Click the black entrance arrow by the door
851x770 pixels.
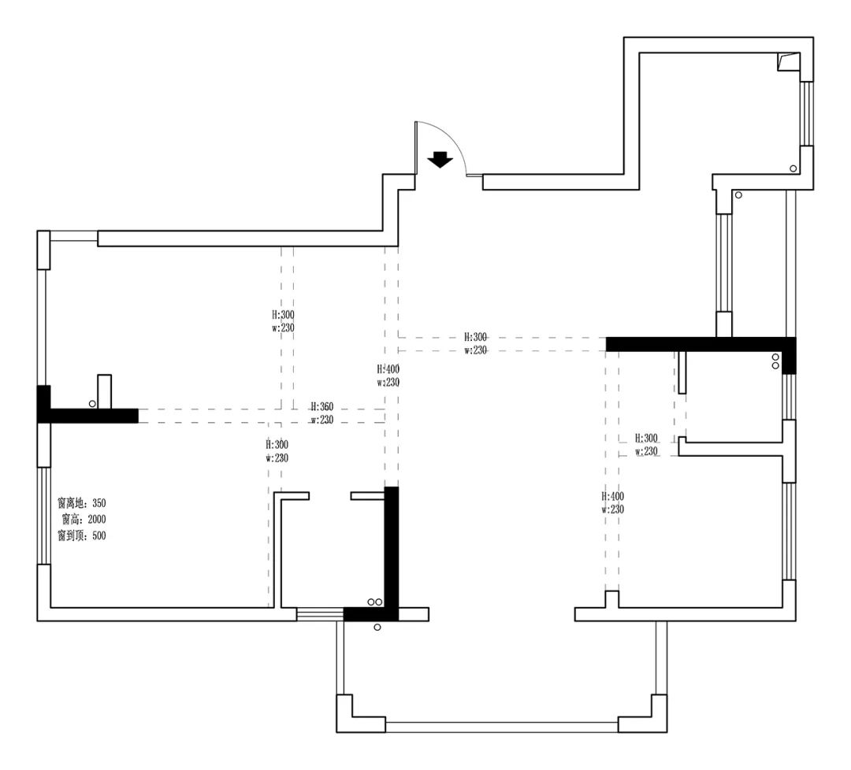coord(440,159)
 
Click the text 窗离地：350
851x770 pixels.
coord(82,503)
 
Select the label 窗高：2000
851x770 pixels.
coord(84,520)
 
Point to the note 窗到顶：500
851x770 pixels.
coord(82,535)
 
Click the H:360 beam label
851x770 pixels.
coord(322,407)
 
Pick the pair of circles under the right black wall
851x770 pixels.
coord(775,361)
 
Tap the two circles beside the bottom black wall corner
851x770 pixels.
coord(375,602)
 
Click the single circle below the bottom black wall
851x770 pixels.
coord(377,627)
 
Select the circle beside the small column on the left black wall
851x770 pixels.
coord(92,404)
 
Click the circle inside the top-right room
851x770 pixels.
coord(793,168)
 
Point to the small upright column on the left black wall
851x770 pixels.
coord(104,391)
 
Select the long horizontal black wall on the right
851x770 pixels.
coord(700,344)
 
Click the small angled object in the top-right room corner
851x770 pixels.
coord(789,61)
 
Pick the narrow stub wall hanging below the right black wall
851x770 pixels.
coord(682,372)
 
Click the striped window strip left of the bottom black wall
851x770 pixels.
coord(320,614)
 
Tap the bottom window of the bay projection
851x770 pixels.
coord(502,727)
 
